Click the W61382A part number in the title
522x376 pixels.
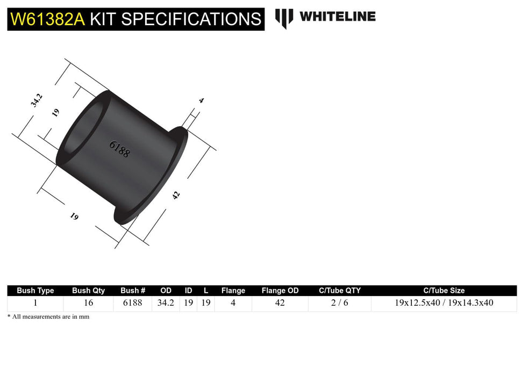tap(47, 19)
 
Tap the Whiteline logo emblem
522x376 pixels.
tap(284, 18)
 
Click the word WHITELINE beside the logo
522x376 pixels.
tap(337, 17)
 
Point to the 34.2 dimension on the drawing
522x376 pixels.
tap(37, 100)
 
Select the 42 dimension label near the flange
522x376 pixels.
tap(176, 195)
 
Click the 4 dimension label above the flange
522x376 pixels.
tap(201, 100)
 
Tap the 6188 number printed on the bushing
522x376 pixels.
tap(119, 148)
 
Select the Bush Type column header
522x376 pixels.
tap(35, 291)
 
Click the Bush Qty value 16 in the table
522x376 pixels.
tap(88, 303)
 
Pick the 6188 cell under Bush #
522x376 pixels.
tap(133, 303)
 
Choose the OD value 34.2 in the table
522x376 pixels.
tap(165, 303)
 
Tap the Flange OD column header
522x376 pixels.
tap(280, 291)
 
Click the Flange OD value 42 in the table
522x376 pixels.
tap(280, 303)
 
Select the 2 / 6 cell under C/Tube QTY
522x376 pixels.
tap(339, 303)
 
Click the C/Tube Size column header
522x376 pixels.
tap(444, 291)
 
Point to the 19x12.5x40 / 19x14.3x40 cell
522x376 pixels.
tap(444, 303)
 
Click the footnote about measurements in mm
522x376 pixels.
tap(48, 317)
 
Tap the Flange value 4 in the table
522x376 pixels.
tap(233, 303)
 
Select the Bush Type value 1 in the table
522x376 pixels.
tap(35, 303)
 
